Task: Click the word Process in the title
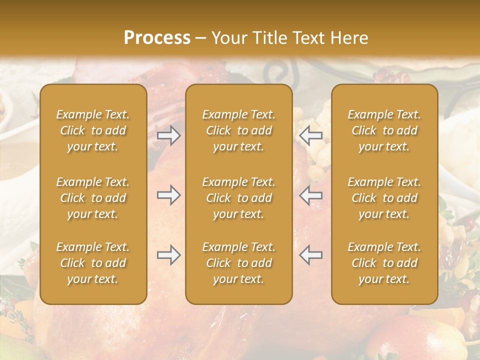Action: coord(157,38)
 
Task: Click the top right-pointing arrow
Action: coord(168,135)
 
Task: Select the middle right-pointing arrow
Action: coord(168,195)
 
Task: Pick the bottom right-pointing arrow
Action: coord(168,255)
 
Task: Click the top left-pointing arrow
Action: coord(311,135)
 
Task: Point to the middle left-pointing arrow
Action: coord(311,195)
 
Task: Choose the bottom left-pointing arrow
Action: coord(311,255)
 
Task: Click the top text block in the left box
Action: coord(93,130)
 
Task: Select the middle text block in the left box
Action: coord(93,198)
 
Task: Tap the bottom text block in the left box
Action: coord(93,263)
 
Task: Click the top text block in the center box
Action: coord(239,130)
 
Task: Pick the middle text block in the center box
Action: coord(239,198)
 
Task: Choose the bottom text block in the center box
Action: coord(239,263)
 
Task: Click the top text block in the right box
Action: coord(384,130)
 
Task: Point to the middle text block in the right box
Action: coord(384,198)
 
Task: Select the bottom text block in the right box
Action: coord(384,263)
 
